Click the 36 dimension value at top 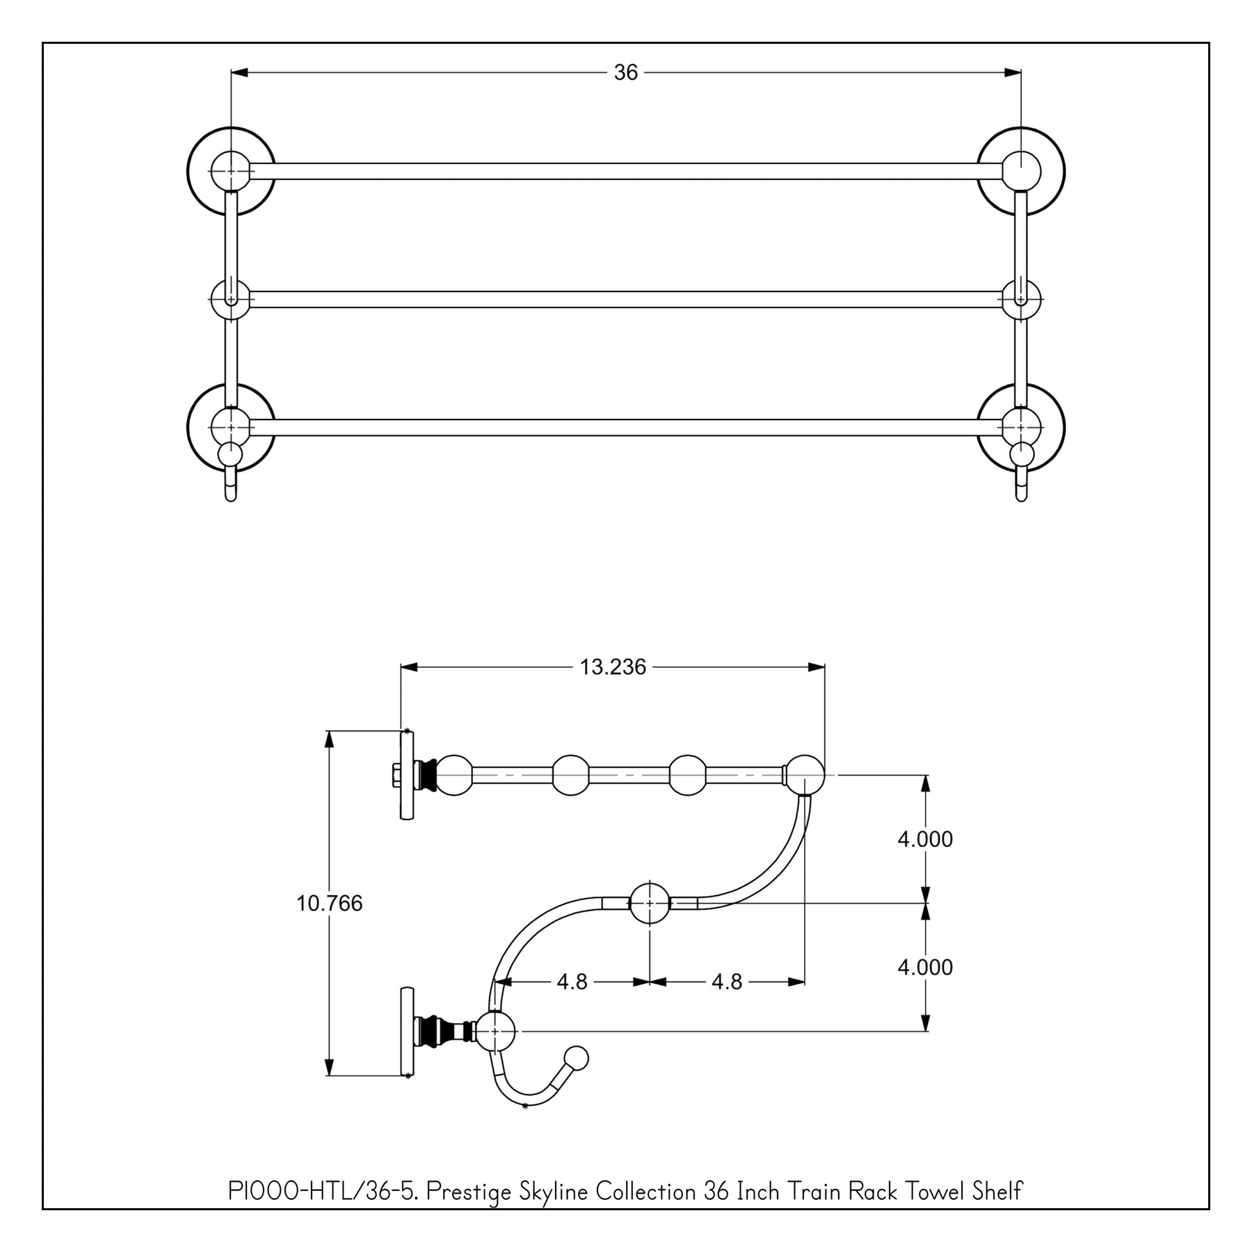(625, 72)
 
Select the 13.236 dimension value (613, 667)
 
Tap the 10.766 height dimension (329, 904)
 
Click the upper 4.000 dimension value (924, 840)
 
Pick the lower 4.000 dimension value (924, 968)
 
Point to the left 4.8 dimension (572, 981)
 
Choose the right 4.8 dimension (727, 981)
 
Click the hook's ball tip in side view (577, 1059)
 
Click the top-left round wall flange (231, 171)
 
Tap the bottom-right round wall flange (1021, 427)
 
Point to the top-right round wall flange (1021, 171)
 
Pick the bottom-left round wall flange (231, 427)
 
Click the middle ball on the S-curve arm (650, 904)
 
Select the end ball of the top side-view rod (805, 774)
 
